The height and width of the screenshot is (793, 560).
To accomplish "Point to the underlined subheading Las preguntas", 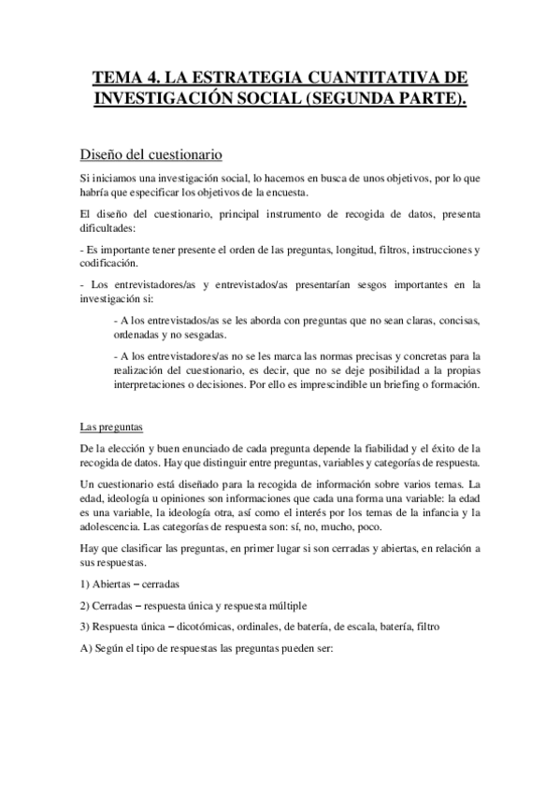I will pyautogui.click(x=110, y=427).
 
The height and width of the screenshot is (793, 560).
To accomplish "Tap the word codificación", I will pyautogui.click(x=109, y=264).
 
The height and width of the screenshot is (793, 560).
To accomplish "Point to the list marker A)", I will pyautogui.click(x=86, y=648).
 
